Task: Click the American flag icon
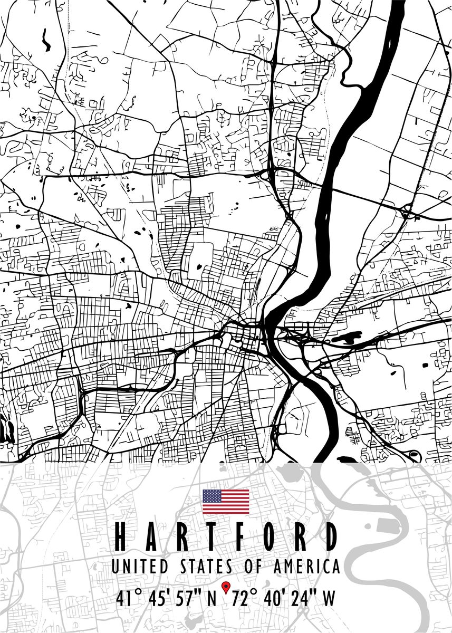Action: pos(226,502)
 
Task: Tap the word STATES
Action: pos(203,567)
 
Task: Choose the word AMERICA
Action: pos(306,567)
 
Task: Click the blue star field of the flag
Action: pos(212,496)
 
